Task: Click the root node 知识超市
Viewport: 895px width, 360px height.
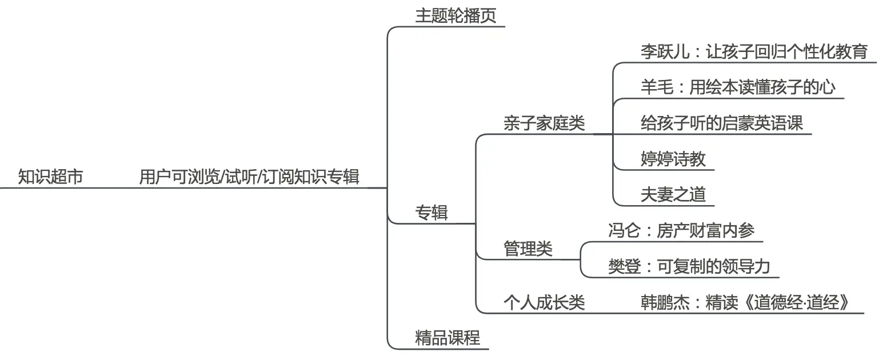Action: click(x=50, y=177)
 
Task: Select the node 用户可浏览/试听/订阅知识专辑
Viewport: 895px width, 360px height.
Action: click(x=249, y=177)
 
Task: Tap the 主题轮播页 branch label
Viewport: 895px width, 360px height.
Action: click(x=456, y=16)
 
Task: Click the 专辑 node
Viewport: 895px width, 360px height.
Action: click(x=431, y=213)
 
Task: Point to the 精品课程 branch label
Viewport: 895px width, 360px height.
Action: click(x=447, y=338)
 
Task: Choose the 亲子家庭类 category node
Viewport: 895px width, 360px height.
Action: click(x=544, y=123)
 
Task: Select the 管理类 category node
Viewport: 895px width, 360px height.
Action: click(x=528, y=249)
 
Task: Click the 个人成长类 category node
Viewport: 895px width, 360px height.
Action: click(x=544, y=302)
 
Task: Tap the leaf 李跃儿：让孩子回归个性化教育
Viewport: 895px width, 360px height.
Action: click(x=754, y=52)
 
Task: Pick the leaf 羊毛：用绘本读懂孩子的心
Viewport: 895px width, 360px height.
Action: click(x=738, y=87)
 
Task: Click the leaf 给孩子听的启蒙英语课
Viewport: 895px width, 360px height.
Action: click(x=722, y=123)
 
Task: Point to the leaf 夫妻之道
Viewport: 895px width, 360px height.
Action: click(x=673, y=194)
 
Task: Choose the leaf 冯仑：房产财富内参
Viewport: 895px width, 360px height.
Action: click(x=681, y=230)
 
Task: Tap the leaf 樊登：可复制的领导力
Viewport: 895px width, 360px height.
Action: click(x=689, y=266)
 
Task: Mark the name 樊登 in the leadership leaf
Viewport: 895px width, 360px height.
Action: click(x=625, y=266)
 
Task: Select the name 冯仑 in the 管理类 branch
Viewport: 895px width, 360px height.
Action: click(x=625, y=230)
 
